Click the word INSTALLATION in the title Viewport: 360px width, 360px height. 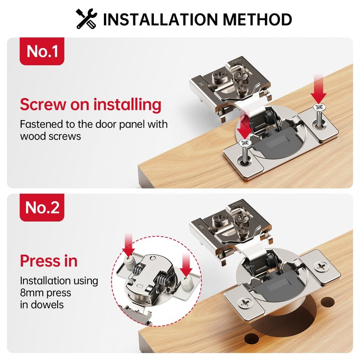[x=155, y=19]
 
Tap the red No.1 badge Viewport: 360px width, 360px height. [x=42, y=51]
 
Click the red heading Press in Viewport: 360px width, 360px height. [x=49, y=261]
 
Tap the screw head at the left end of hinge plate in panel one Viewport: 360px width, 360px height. [x=244, y=143]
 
